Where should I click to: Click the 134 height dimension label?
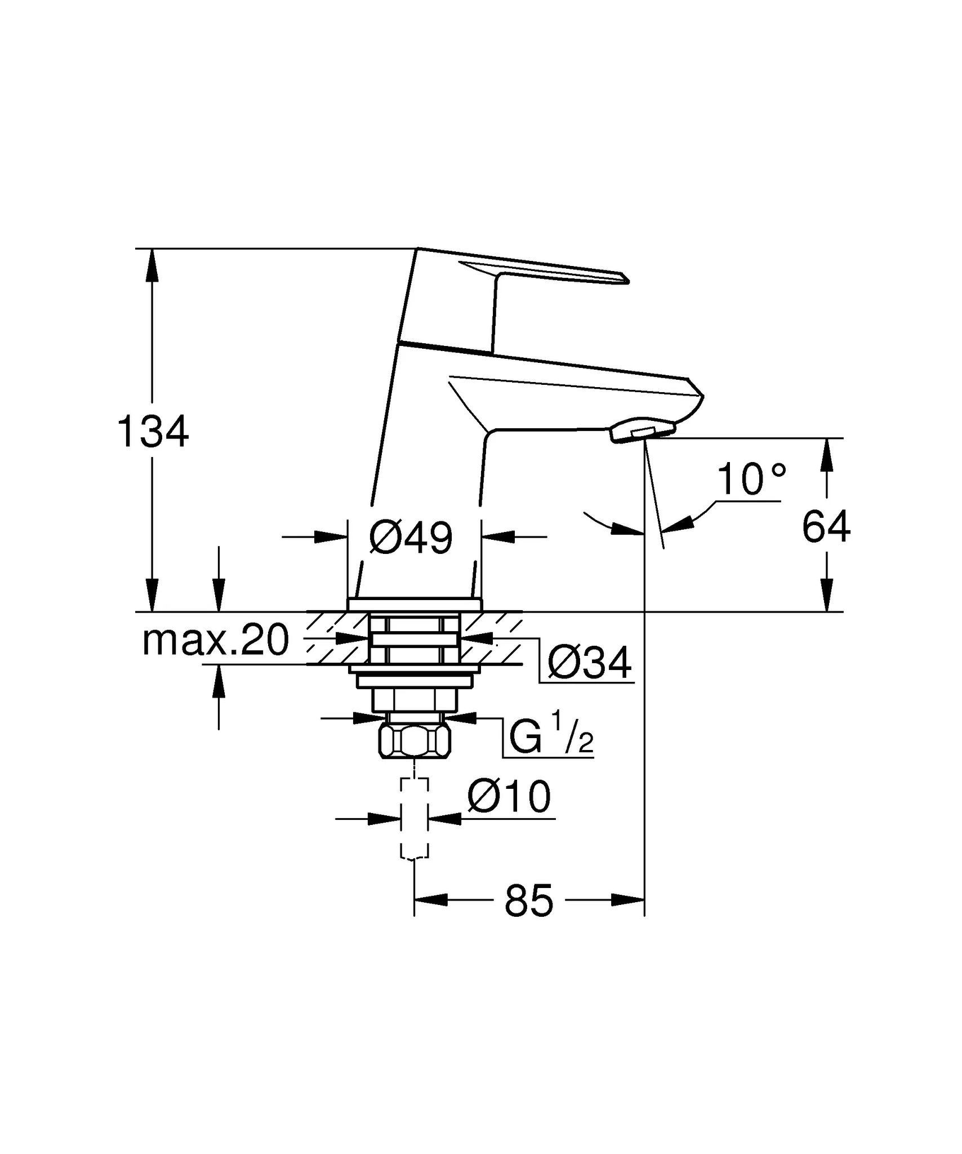coord(153,432)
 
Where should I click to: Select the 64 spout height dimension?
coord(826,527)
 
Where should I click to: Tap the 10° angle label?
coord(751,480)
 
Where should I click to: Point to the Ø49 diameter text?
coord(411,538)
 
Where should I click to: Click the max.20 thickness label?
coord(216,641)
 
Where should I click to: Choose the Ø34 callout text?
coord(589,663)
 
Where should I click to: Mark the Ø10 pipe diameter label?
coord(509,797)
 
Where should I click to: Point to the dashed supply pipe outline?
coord(415,818)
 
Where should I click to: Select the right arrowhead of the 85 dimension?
coord(628,900)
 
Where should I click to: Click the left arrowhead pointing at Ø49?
coord(331,537)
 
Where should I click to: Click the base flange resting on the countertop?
coord(415,605)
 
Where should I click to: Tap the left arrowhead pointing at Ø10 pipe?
coord(385,819)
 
